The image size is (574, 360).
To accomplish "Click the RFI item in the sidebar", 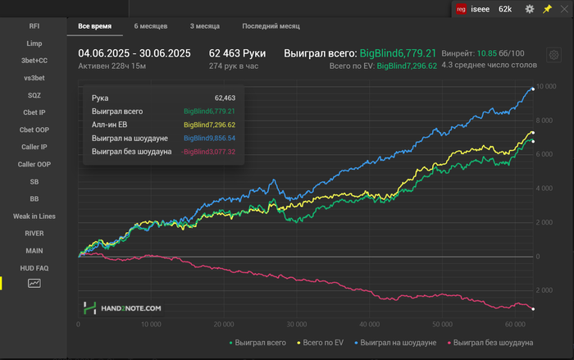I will tap(34, 25).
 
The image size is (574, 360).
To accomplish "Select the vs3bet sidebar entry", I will tap(34, 77).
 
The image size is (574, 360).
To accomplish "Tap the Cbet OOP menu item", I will tap(34, 130).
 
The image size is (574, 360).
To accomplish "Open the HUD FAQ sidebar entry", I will tap(34, 268).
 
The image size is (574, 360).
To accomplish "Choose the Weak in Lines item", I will tap(34, 216).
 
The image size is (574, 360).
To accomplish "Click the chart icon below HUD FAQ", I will tap(34, 283).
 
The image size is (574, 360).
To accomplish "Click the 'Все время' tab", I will tap(94, 26).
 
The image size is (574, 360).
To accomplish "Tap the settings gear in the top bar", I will tap(529, 9).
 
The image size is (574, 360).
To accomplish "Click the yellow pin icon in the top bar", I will tap(548, 9).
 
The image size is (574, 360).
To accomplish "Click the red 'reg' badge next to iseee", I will tap(461, 9).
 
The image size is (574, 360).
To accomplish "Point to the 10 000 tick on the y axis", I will tap(544, 86).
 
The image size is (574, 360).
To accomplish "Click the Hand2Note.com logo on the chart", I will tap(121, 308).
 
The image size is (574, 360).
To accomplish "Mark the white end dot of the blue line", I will tap(533, 89).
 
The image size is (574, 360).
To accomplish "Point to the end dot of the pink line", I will tap(533, 309).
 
